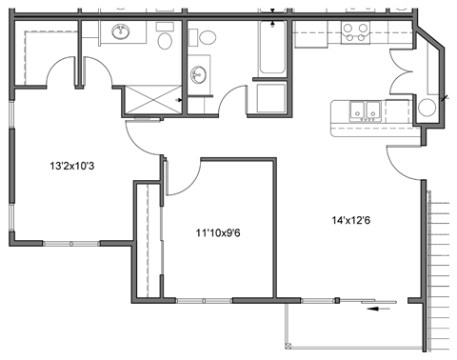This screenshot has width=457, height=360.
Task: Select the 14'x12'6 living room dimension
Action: coord(349,221)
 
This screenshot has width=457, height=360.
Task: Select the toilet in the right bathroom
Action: coord(205,39)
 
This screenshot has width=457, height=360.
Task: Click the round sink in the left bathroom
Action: coord(122,33)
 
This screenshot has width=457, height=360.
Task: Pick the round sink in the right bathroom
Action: coord(199,75)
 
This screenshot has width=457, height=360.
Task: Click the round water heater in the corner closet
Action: coord(427,106)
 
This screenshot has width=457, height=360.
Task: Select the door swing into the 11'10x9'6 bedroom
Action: coord(184,175)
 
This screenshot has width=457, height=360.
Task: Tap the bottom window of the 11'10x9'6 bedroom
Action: coord(204,302)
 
